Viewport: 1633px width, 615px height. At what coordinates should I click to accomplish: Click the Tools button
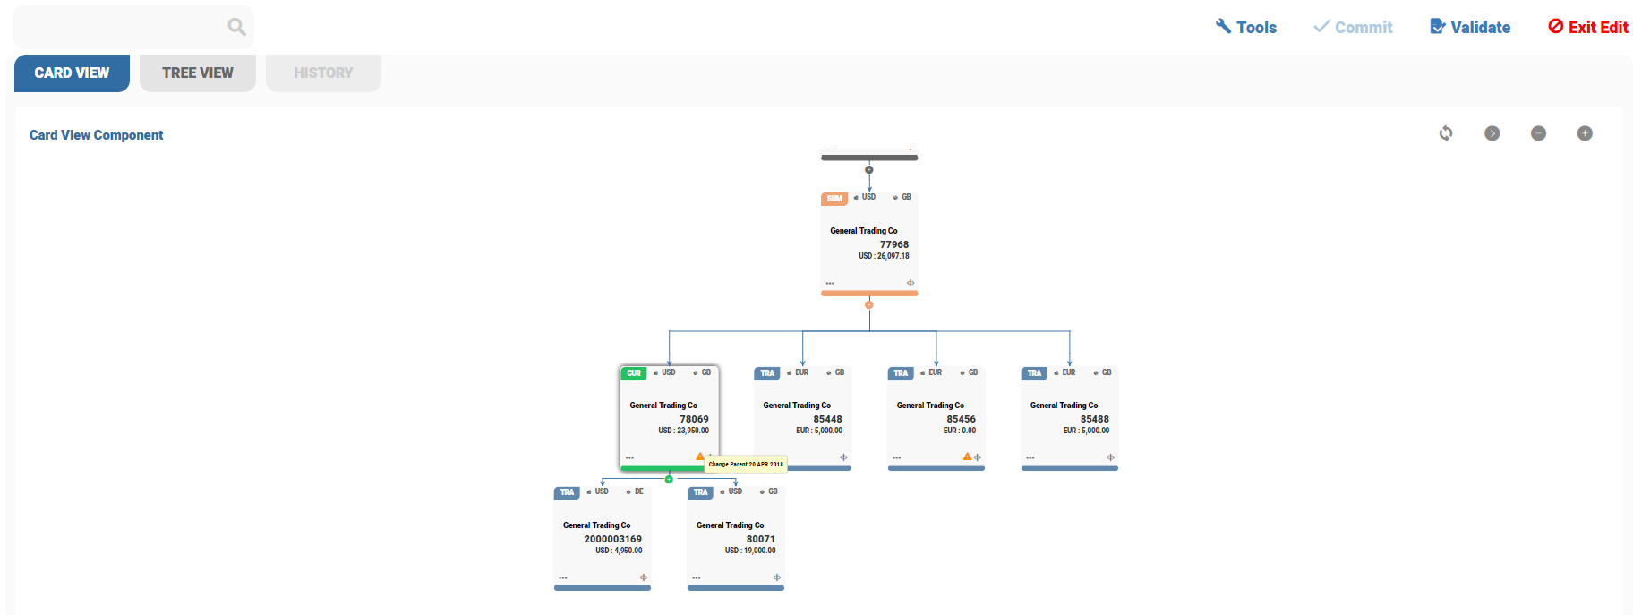click(x=1245, y=27)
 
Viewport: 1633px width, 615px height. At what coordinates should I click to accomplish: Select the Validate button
click(x=1470, y=27)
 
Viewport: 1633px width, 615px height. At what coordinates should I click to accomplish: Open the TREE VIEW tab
click(x=197, y=73)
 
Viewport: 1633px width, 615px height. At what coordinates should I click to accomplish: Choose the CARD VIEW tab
click(x=72, y=73)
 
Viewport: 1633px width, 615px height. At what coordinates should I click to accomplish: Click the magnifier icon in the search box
click(x=236, y=27)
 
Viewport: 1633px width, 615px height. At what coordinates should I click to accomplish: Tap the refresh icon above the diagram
click(x=1446, y=133)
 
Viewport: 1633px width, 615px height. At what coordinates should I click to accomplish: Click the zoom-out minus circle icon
click(x=1538, y=133)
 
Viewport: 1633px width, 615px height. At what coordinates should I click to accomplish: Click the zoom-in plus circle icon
click(x=1585, y=133)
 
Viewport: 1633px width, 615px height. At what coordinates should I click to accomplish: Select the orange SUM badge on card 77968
click(x=834, y=199)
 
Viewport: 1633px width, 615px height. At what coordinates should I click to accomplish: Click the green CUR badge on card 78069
click(x=634, y=373)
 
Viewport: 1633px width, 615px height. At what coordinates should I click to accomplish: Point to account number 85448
click(x=827, y=419)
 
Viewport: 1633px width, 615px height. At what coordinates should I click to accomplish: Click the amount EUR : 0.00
click(x=960, y=431)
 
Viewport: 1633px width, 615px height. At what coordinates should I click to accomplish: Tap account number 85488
click(x=1094, y=419)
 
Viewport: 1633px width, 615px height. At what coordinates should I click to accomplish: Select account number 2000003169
click(x=612, y=539)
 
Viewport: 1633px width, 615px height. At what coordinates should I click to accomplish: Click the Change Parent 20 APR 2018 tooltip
click(x=746, y=464)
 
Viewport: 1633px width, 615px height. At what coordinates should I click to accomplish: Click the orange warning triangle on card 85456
click(x=967, y=457)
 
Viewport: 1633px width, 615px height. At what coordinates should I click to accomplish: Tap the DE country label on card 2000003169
click(x=639, y=491)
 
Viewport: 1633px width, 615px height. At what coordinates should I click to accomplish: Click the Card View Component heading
click(x=96, y=135)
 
